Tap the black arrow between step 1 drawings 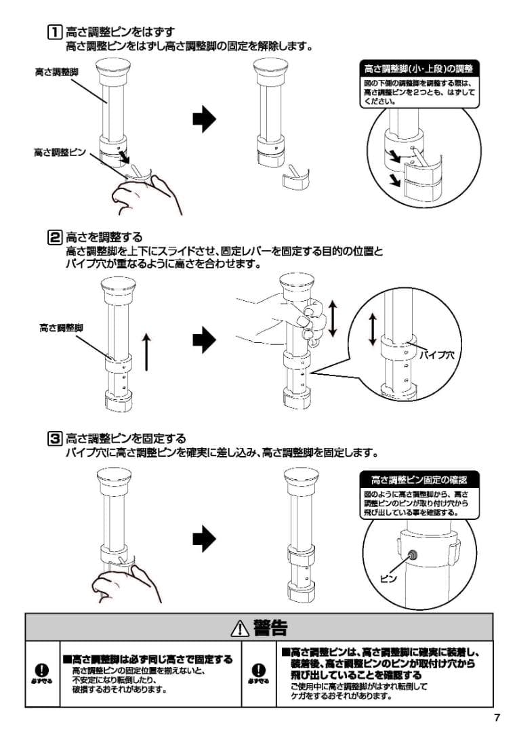tap(204, 119)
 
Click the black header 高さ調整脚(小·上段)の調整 tap(418, 69)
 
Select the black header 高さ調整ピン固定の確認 tap(418, 481)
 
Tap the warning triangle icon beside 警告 tap(239, 628)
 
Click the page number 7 tap(497, 718)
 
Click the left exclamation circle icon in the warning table tap(43, 670)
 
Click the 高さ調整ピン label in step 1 tap(60, 153)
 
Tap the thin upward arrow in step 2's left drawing tap(147, 351)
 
